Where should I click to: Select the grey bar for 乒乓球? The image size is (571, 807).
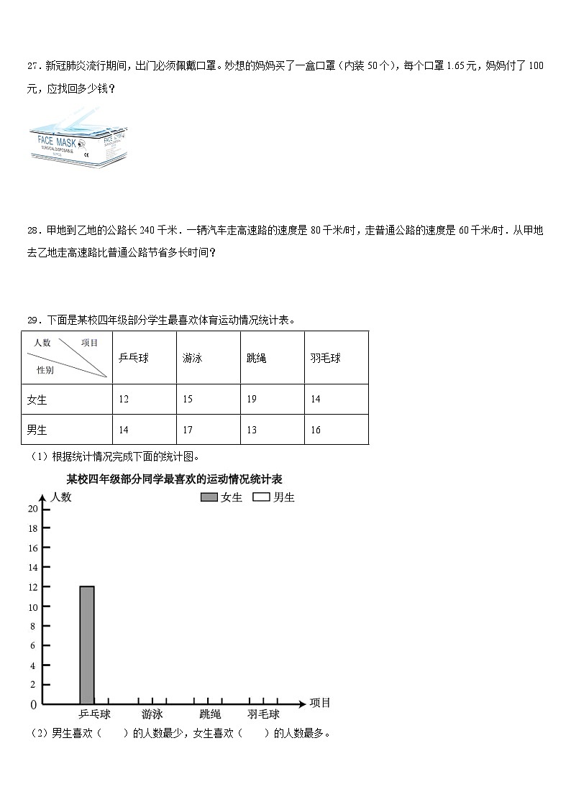tap(86, 645)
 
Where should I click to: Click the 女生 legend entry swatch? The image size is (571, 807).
tap(209, 497)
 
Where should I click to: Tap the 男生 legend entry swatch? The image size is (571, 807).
tap(261, 497)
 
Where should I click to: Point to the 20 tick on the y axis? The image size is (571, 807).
tap(33, 509)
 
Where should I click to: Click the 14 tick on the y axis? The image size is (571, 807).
tap(33, 568)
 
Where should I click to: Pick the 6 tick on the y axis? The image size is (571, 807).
tap(33, 646)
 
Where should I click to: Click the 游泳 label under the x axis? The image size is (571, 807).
tap(152, 714)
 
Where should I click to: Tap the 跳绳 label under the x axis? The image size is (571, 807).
tap(210, 714)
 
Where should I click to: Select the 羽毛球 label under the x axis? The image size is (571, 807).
tap(263, 714)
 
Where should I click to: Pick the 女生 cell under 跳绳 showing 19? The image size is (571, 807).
tap(252, 399)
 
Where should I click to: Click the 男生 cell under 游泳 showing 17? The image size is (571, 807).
tap(188, 430)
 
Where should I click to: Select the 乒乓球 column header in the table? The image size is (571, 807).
tap(133, 358)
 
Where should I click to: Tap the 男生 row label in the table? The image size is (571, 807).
tap(37, 430)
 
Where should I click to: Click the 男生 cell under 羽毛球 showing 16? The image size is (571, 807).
tap(316, 430)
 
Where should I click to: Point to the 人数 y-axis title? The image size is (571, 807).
tap(61, 497)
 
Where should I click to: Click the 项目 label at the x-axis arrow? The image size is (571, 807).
tap(320, 703)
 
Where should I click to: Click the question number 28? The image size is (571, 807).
tap(33, 231)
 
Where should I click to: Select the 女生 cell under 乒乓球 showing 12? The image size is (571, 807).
tap(124, 399)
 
